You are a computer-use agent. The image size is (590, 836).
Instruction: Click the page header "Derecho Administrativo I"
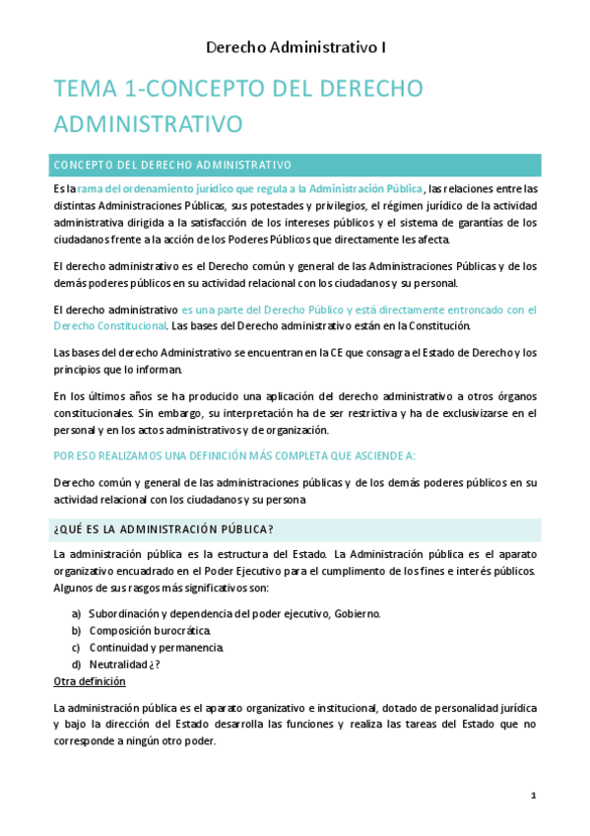click(x=295, y=46)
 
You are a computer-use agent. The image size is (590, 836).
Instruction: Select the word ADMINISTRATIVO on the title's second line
click(x=149, y=124)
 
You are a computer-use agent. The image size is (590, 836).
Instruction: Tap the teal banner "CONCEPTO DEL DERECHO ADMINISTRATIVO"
click(x=173, y=165)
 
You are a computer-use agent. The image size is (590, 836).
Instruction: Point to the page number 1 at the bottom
click(x=533, y=796)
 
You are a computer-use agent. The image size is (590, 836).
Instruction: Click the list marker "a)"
click(x=76, y=613)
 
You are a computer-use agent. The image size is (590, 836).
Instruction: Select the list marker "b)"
click(x=76, y=630)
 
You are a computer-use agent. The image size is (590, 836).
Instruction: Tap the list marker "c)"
click(x=76, y=647)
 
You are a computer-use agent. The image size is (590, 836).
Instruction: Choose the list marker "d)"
click(x=76, y=663)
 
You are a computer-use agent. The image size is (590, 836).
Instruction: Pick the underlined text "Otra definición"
click(x=90, y=681)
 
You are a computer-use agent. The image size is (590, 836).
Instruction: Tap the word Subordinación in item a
click(x=127, y=613)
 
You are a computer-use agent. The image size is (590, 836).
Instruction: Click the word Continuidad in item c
click(x=122, y=647)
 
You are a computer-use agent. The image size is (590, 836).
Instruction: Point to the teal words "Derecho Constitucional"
click(x=108, y=325)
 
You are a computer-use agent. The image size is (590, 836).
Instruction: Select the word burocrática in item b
click(x=184, y=630)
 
